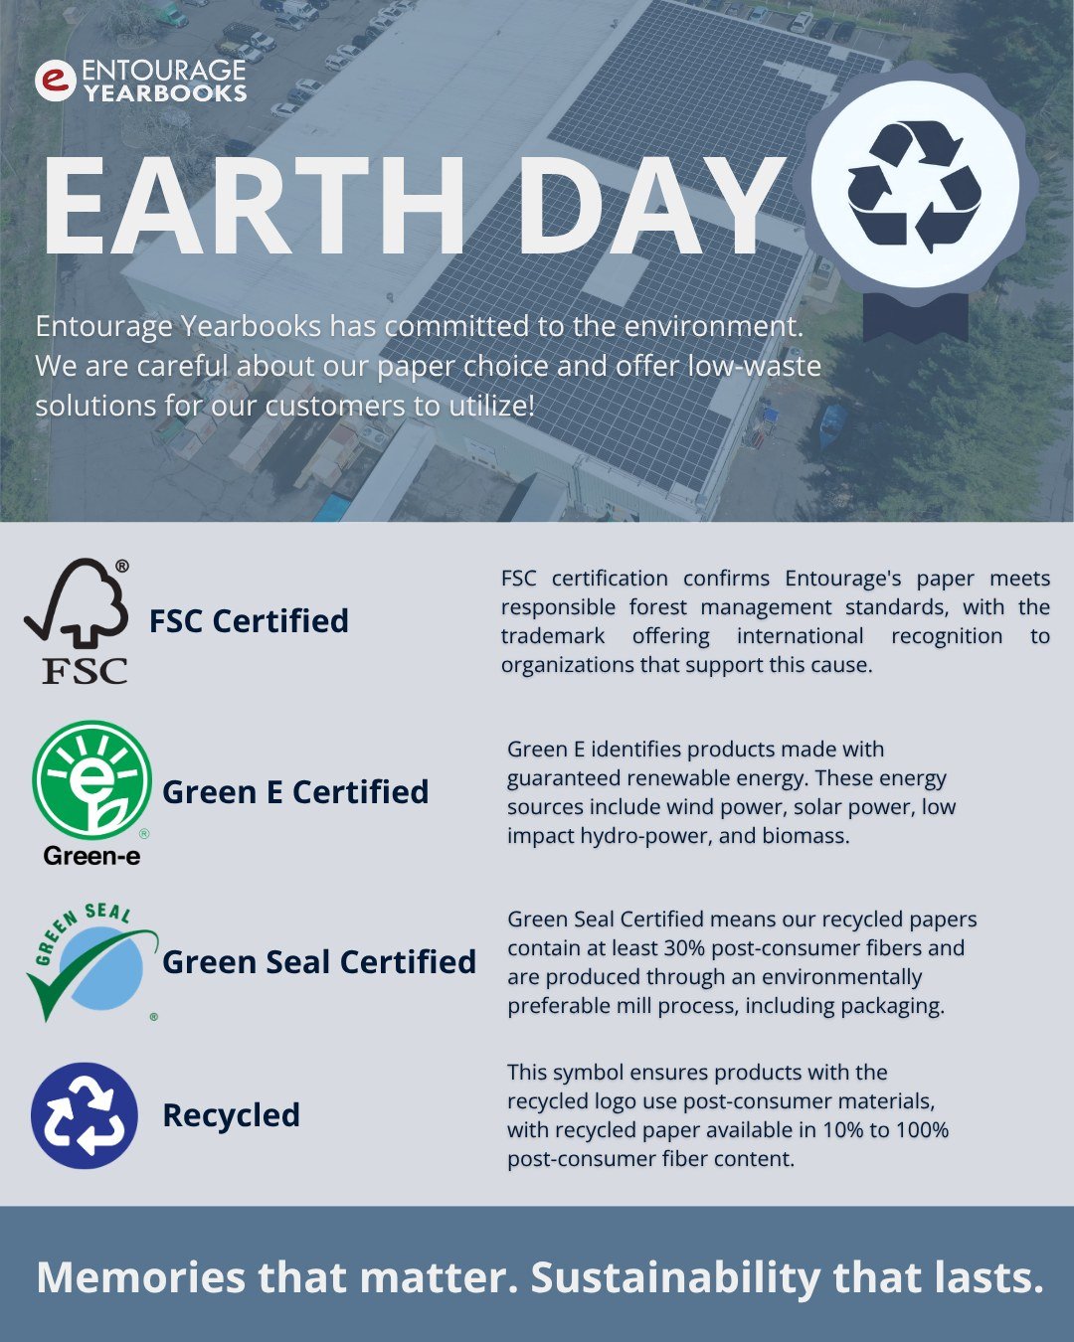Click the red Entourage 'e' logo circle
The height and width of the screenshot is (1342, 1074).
click(x=56, y=81)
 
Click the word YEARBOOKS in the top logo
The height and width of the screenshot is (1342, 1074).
click(x=165, y=93)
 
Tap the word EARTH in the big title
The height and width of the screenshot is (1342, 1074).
click(x=254, y=207)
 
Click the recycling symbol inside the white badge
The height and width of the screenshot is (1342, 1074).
click(x=914, y=187)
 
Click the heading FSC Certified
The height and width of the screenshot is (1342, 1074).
click(x=249, y=621)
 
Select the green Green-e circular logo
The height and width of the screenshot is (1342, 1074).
click(x=91, y=780)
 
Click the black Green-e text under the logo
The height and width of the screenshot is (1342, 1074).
click(x=91, y=856)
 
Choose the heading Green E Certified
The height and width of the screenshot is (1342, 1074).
click(x=295, y=792)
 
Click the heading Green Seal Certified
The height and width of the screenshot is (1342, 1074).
click(x=319, y=962)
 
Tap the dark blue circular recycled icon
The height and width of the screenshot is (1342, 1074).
click(x=85, y=1115)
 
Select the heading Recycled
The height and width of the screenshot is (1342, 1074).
click(x=231, y=1115)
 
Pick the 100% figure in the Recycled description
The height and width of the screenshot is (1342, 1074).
click(x=923, y=1130)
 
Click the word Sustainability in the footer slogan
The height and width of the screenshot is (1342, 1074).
click(x=675, y=1278)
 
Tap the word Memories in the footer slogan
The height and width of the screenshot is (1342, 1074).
click(x=141, y=1278)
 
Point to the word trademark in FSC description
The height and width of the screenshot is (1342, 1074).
click(x=552, y=636)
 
